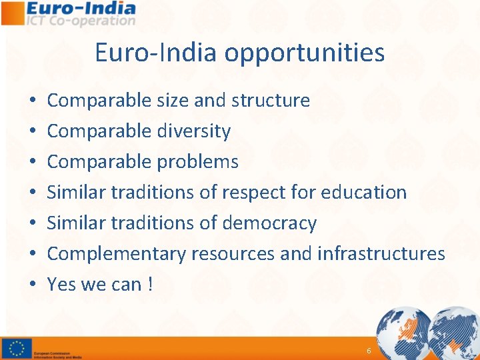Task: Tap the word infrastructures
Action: [381, 253]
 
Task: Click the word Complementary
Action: [117, 254]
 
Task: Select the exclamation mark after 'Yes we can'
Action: [151, 285]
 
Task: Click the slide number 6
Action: [369, 351]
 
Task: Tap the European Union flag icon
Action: [17, 349]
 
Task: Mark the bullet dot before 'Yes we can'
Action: [33, 285]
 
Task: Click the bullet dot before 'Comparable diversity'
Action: [33, 132]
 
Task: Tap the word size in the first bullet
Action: [173, 101]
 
